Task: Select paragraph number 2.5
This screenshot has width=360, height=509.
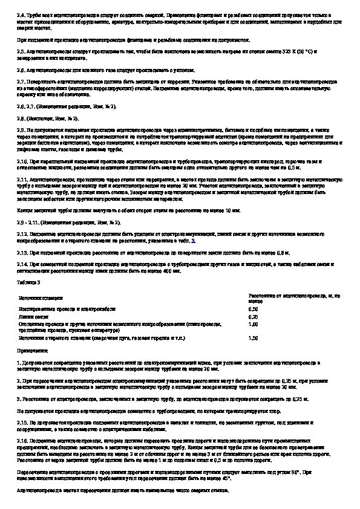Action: [21, 52]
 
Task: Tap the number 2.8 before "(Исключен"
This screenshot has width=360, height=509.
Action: [21, 118]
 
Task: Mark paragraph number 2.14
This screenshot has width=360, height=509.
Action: [22, 264]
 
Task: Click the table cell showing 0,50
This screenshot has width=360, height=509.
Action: [254, 309]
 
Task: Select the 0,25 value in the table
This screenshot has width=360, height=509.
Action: [254, 317]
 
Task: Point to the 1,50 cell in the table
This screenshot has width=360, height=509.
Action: [254, 339]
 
